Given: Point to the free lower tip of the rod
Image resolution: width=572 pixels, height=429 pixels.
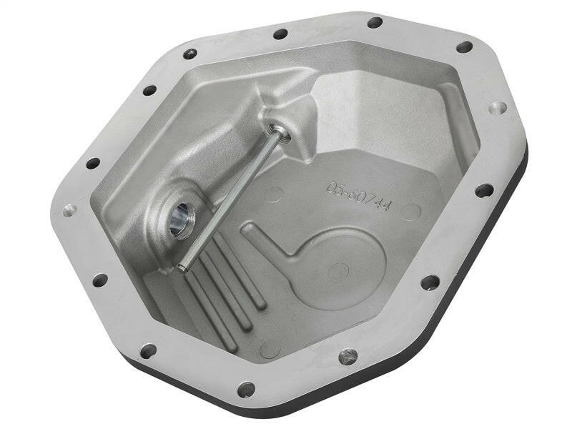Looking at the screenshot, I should click(x=182, y=269).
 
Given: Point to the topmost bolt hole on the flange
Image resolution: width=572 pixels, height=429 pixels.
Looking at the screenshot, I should click(x=374, y=22).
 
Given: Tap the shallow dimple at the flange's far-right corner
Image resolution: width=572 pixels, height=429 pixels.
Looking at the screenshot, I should click(x=498, y=108).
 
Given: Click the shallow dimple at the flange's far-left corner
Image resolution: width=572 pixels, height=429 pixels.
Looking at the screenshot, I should click(x=70, y=210).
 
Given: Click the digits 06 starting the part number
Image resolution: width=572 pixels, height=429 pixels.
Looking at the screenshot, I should click(x=335, y=188).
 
